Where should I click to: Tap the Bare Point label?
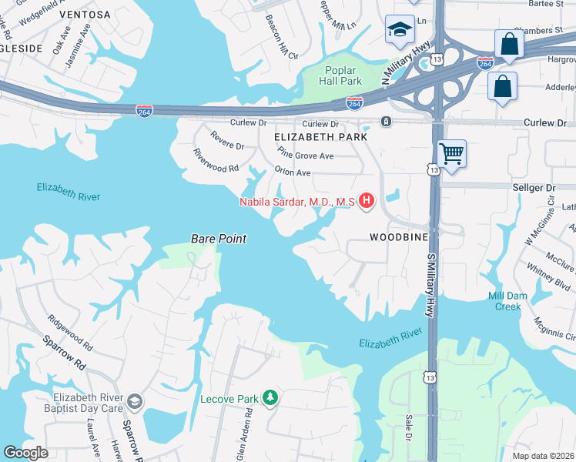click(219, 239)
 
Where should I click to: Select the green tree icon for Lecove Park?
click(270, 398)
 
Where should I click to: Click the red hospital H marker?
click(367, 202)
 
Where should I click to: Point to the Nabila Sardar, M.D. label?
click(296, 202)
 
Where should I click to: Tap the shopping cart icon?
click(451, 152)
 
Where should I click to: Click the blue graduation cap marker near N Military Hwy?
click(400, 32)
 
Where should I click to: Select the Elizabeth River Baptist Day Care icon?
click(135, 401)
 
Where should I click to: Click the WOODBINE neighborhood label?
click(398, 237)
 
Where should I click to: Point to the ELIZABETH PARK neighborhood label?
click(320, 136)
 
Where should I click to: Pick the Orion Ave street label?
click(293, 173)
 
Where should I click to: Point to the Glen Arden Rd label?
click(248, 430)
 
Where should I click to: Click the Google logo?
click(26, 454)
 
